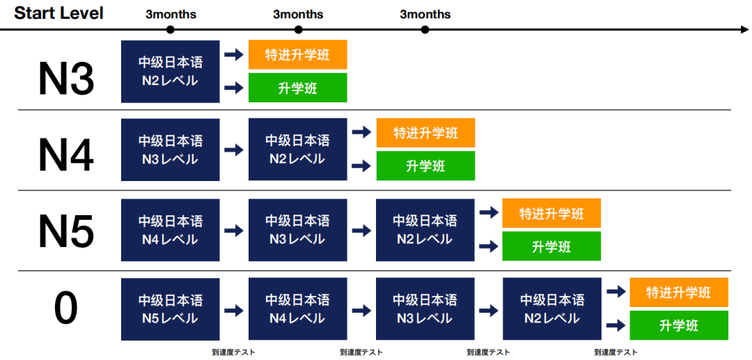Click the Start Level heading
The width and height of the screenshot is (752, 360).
59,13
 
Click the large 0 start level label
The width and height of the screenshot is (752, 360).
66,307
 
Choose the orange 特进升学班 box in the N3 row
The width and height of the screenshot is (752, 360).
297,54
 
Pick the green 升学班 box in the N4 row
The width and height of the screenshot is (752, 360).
425,166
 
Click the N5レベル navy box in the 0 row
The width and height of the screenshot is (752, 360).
171,309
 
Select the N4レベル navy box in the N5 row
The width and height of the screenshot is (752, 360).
171,230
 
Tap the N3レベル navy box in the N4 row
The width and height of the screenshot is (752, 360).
171,150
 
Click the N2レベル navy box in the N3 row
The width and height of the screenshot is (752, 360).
171,72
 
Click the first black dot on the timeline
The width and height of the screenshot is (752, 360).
170,30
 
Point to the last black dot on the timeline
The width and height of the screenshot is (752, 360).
425,30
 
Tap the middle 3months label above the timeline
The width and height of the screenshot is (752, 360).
298,15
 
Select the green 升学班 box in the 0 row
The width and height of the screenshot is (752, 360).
679,325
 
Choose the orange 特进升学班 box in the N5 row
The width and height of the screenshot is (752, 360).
551,213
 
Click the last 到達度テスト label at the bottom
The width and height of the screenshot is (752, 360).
616,352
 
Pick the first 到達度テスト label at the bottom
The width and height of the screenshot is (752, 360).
233,352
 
